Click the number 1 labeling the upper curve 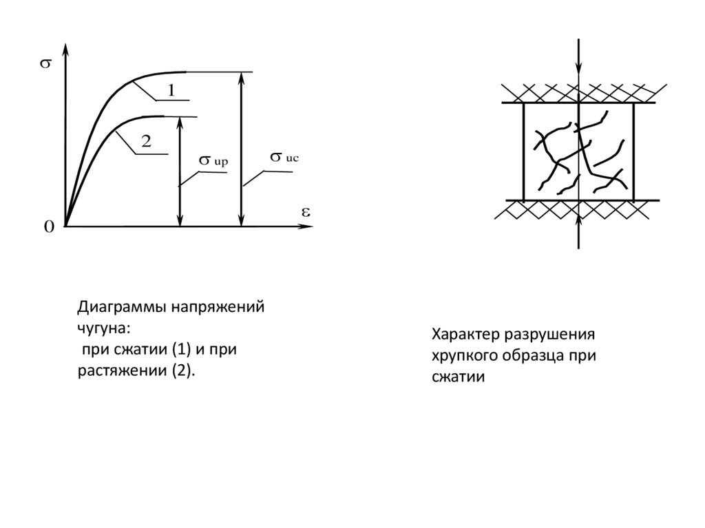click(171, 89)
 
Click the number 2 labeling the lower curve click(146, 141)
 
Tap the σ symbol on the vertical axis click(46, 65)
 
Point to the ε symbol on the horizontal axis click(305, 211)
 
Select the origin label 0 click(49, 228)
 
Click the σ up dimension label click(213, 160)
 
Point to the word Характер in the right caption click(465, 335)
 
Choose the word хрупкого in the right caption click(466, 356)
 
